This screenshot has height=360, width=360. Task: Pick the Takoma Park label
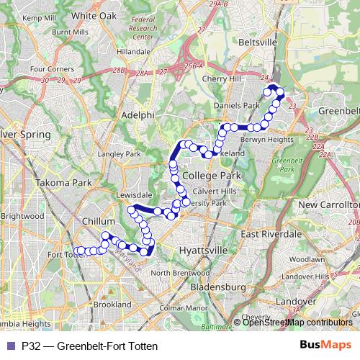click(x=66, y=183)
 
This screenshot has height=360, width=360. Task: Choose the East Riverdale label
click(x=271, y=235)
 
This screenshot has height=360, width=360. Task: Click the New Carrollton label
click(x=328, y=205)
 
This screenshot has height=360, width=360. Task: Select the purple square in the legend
click(x=10, y=346)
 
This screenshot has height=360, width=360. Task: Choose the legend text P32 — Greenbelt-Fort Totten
click(x=89, y=346)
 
